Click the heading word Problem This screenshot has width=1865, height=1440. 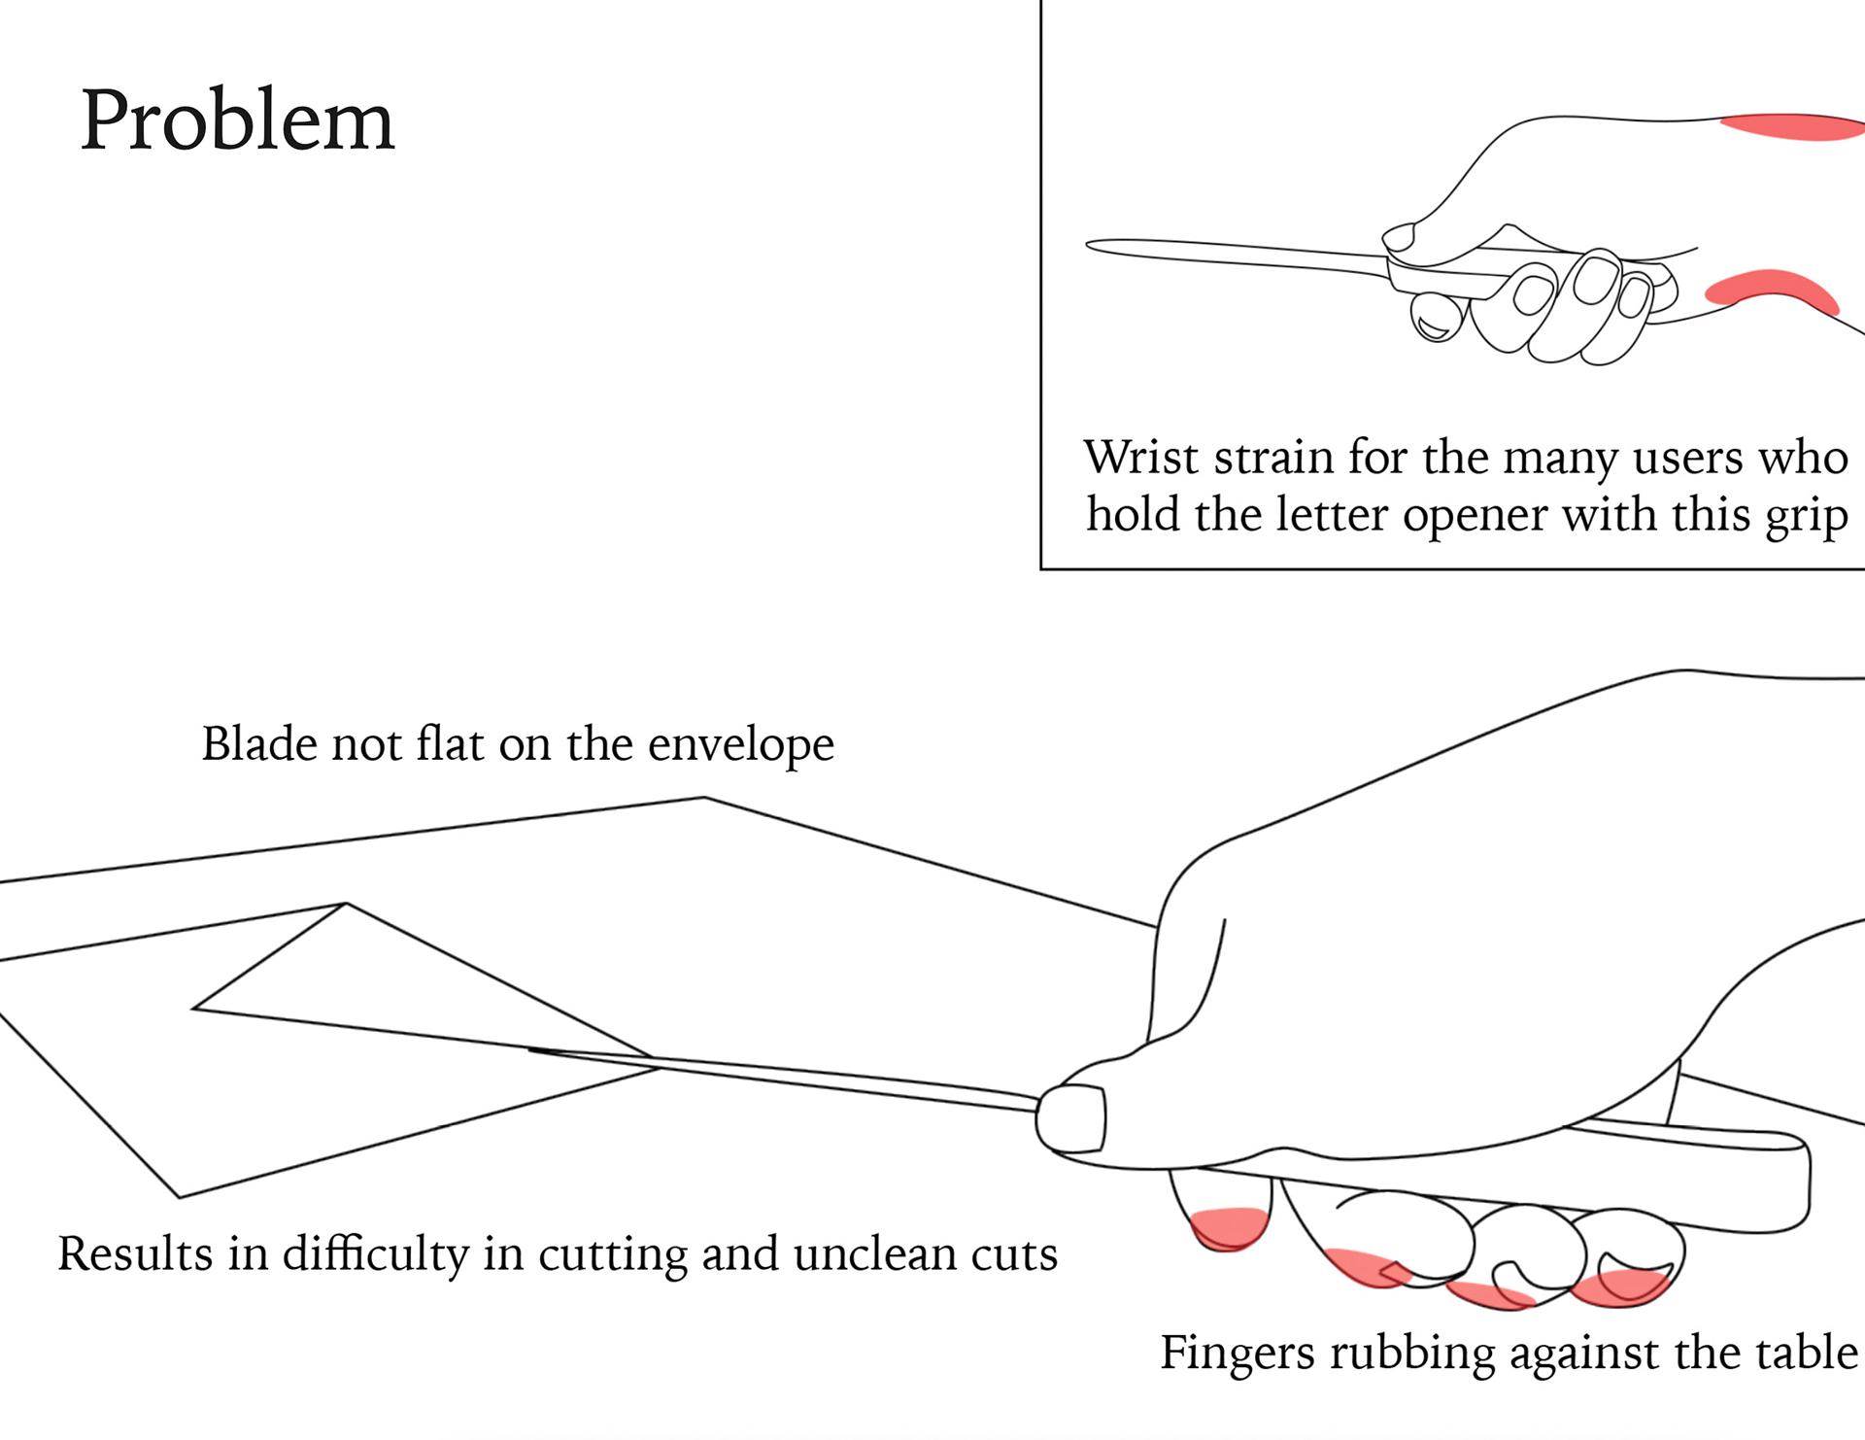(237, 120)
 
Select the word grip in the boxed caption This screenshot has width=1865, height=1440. (1807, 516)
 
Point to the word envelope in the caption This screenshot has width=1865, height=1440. (740, 744)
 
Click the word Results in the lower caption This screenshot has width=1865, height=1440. (135, 1253)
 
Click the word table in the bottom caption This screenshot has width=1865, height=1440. (1813, 1353)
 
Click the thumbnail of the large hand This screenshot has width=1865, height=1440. (1071, 1119)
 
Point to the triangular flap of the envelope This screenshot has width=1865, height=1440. (389, 981)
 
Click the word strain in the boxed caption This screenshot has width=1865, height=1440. (1273, 457)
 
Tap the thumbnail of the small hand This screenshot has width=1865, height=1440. (1398, 237)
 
